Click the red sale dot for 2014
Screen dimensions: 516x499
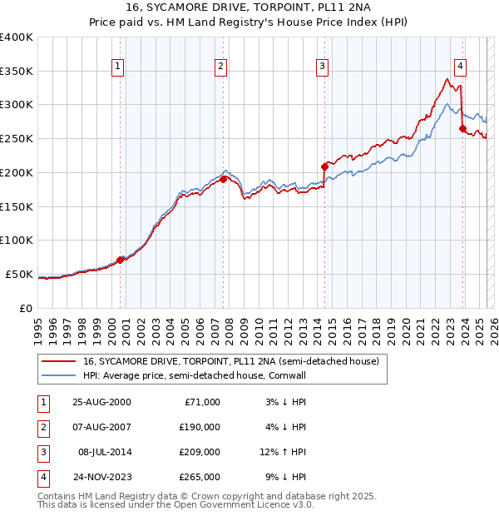tap(324, 166)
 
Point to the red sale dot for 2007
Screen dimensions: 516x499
tap(224, 179)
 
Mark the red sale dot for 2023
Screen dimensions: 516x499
tap(462, 128)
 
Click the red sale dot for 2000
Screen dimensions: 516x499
tap(121, 260)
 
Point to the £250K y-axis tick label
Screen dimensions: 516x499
tap(17, 138)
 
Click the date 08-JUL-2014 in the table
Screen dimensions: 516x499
tap(105, 454)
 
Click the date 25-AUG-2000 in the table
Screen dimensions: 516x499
tap(102, 402)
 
